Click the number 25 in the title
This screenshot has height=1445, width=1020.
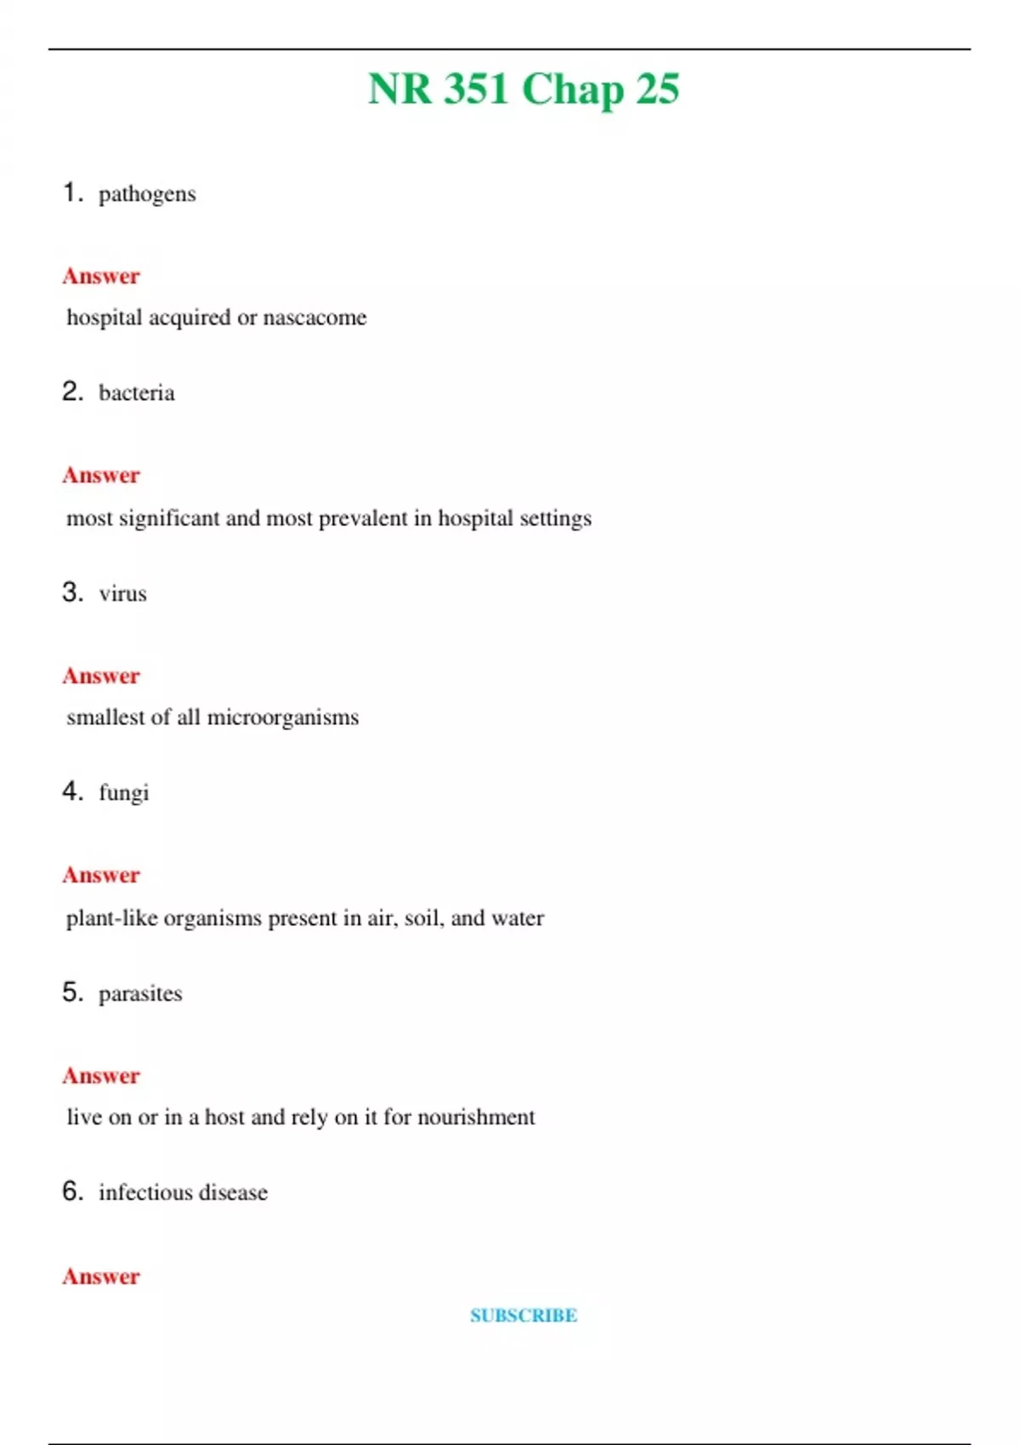657,88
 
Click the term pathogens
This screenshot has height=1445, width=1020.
147,195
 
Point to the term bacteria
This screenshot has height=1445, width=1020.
137,393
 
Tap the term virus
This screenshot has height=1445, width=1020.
122,593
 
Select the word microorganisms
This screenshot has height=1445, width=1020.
283,718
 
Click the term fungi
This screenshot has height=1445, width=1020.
124,793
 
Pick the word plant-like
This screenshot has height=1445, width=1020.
111,918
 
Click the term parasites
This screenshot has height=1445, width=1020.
140,994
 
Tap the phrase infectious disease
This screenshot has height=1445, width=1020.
183,1193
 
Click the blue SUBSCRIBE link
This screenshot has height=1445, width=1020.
524,1316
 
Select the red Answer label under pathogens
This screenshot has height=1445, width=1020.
101,276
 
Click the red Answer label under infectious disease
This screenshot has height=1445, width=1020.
101,1277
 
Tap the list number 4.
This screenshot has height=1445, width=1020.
71,791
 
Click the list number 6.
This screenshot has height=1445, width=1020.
72,1191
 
